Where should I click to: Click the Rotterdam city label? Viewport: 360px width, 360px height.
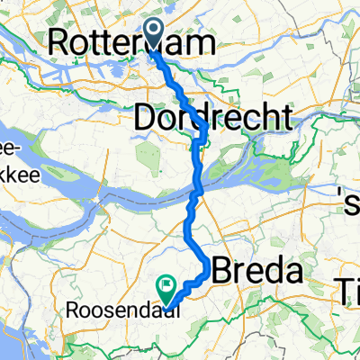coord(134,41)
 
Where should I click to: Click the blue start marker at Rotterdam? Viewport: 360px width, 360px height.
coord(151,37)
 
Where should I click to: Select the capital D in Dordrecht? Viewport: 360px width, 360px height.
coord(147,117)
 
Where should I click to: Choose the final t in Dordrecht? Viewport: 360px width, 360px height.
coord(286,117)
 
